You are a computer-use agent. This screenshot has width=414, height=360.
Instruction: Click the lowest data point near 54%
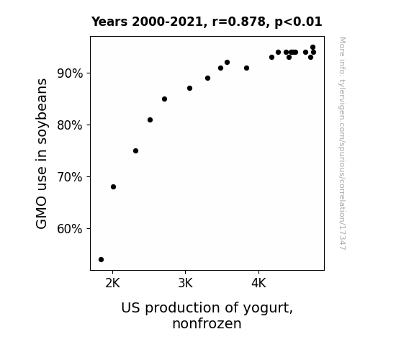[101, 260]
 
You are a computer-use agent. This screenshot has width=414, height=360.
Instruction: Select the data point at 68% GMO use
[113, 187]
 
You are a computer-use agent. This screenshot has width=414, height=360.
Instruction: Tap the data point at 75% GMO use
[135, 150]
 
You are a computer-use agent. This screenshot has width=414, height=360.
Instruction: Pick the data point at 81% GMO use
[150, 120]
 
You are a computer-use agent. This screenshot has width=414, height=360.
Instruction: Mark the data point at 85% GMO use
[164, 99]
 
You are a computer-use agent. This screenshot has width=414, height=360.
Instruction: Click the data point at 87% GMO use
[189, 89]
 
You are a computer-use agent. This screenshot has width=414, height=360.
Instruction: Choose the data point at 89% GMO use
[208, 78]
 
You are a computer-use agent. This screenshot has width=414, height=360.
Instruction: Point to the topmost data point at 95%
[313, 48]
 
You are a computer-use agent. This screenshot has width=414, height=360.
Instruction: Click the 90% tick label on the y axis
[70, 73]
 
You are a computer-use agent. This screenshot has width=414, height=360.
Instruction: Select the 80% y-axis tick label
[70, 125]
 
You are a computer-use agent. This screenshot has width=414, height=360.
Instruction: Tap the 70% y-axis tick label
[70, 177]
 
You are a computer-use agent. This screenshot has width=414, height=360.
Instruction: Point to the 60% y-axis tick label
[70, 229]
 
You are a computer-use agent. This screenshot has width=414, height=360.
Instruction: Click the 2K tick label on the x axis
[113, 284]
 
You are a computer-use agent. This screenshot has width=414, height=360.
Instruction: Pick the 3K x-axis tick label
[185, 284]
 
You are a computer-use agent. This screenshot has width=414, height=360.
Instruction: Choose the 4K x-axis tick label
[258, 284]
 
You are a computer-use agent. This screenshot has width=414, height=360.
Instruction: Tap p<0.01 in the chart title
[298, 22]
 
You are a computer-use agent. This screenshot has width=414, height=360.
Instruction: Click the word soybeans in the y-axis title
[42, 112]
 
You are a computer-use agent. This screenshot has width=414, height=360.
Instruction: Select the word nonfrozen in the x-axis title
[207, 324]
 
